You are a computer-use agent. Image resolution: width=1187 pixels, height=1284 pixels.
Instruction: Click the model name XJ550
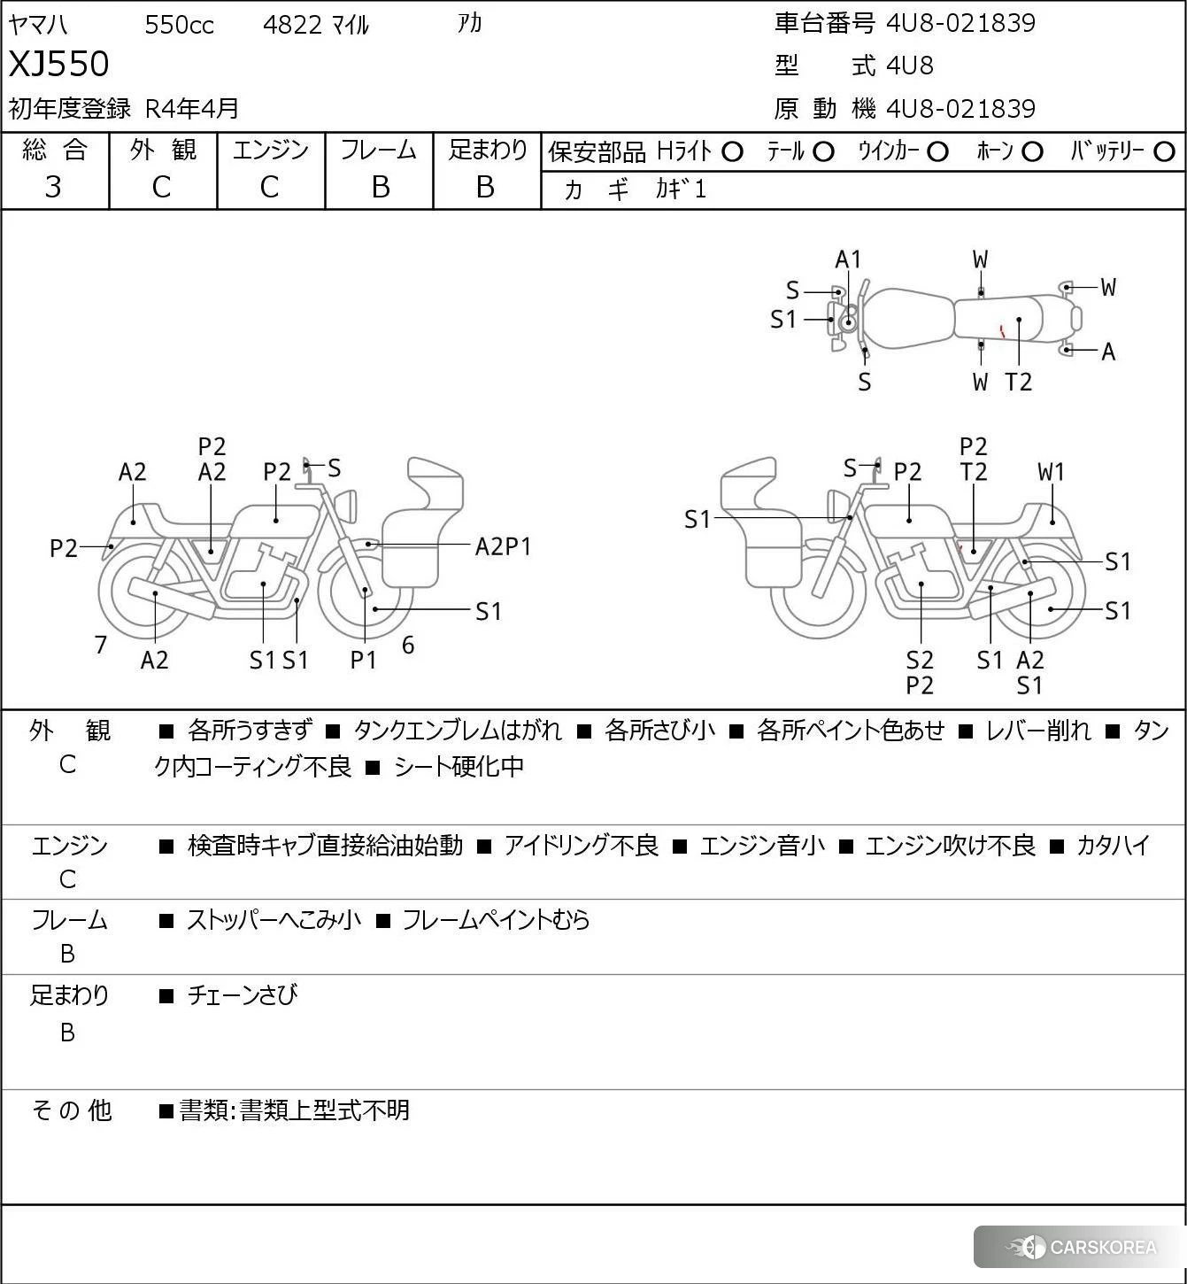click(x=58, y=64)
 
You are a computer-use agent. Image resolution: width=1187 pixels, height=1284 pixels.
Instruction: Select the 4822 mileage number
click(x=292, y=25)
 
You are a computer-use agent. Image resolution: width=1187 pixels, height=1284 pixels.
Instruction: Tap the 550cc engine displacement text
click(x=179, y=25)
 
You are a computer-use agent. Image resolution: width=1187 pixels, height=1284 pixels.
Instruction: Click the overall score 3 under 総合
click(x=53, y=187)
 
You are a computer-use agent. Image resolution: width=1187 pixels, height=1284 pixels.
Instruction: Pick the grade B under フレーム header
click(x=380, y=187)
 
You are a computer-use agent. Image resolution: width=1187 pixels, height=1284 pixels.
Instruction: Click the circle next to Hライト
click(x=732, y=152)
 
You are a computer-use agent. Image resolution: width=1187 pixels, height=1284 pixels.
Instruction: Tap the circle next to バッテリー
click(x=1164, y=152)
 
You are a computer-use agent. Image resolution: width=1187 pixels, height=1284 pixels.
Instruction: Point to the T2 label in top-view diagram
click(x=1018, y=382)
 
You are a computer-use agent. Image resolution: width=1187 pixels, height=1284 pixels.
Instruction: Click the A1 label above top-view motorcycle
click(x=848, y=259)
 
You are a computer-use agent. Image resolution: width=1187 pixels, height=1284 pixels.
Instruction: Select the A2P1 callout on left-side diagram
click(x=503, y=547)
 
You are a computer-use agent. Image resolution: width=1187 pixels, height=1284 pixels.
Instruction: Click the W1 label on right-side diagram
click(x=1052, y=472)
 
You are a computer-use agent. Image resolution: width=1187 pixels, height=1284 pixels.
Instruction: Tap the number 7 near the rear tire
click(x=100, y=645)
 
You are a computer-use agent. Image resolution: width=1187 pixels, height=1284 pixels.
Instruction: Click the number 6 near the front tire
click(x=408, y=645)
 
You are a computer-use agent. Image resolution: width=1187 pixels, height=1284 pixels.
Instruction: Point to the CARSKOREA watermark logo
click(x=1080, y=1247)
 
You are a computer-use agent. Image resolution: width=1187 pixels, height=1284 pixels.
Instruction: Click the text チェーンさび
click(x=243, y=995)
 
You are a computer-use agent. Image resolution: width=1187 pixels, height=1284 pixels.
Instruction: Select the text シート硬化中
click(x=459, y=767)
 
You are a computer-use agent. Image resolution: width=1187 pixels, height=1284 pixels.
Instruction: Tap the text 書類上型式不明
click(x=325, y=1110)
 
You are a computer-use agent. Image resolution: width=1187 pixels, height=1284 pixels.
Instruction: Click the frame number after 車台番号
click(x=960, y=23)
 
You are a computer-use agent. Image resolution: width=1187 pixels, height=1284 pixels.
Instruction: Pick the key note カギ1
click(x=681, y=190)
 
